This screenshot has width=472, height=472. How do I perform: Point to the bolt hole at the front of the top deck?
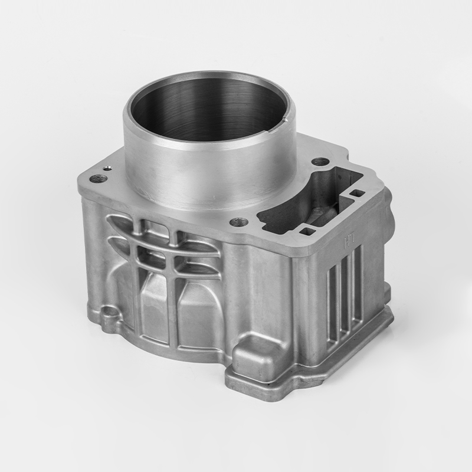[x=239, y=222]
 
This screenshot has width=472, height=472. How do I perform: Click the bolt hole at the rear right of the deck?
[x=319, y=161]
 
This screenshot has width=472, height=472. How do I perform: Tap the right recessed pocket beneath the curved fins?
[x=198, y=316]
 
